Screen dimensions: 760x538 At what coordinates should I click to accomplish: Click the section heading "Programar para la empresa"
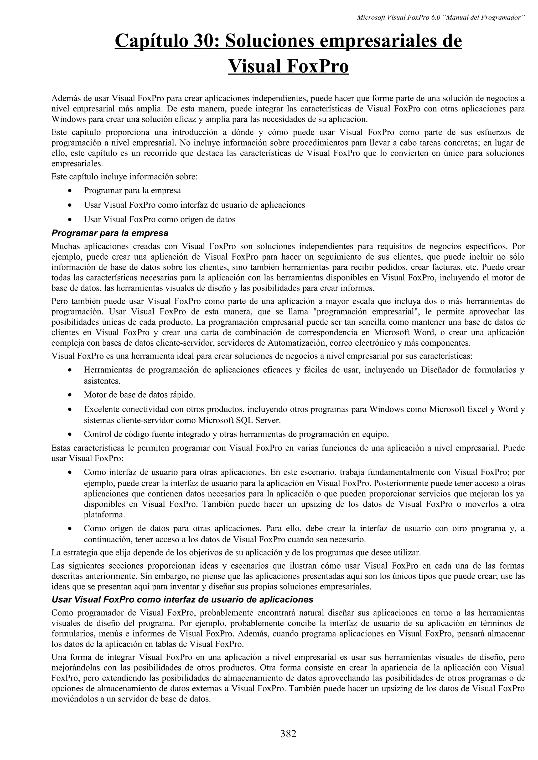coord(110,233)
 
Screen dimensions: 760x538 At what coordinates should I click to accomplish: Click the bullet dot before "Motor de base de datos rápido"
coord(70,395)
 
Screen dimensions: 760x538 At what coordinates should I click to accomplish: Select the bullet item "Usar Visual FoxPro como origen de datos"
coord(159,220)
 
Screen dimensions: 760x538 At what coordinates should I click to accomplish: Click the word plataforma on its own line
coord(100,515)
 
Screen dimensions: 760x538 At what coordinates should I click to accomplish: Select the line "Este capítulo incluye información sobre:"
coord(124,177)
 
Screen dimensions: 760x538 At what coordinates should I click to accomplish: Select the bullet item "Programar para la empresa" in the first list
coord(132,191)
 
